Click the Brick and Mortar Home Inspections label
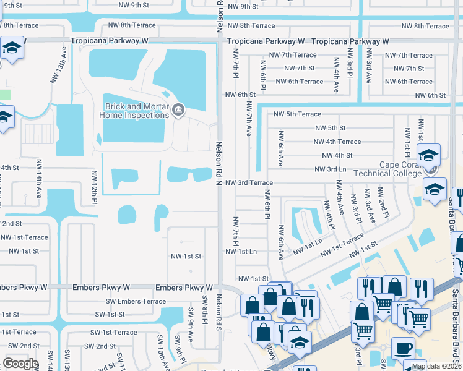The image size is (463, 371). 136,111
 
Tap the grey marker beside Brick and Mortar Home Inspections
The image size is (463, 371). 179,110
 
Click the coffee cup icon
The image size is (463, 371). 402,348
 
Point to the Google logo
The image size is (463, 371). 20,364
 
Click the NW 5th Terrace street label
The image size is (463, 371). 296,114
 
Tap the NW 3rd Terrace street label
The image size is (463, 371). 249,183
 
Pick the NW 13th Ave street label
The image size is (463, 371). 63,59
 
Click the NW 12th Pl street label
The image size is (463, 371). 95,186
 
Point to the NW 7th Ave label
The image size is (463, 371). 248,119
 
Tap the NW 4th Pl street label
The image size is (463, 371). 327,213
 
